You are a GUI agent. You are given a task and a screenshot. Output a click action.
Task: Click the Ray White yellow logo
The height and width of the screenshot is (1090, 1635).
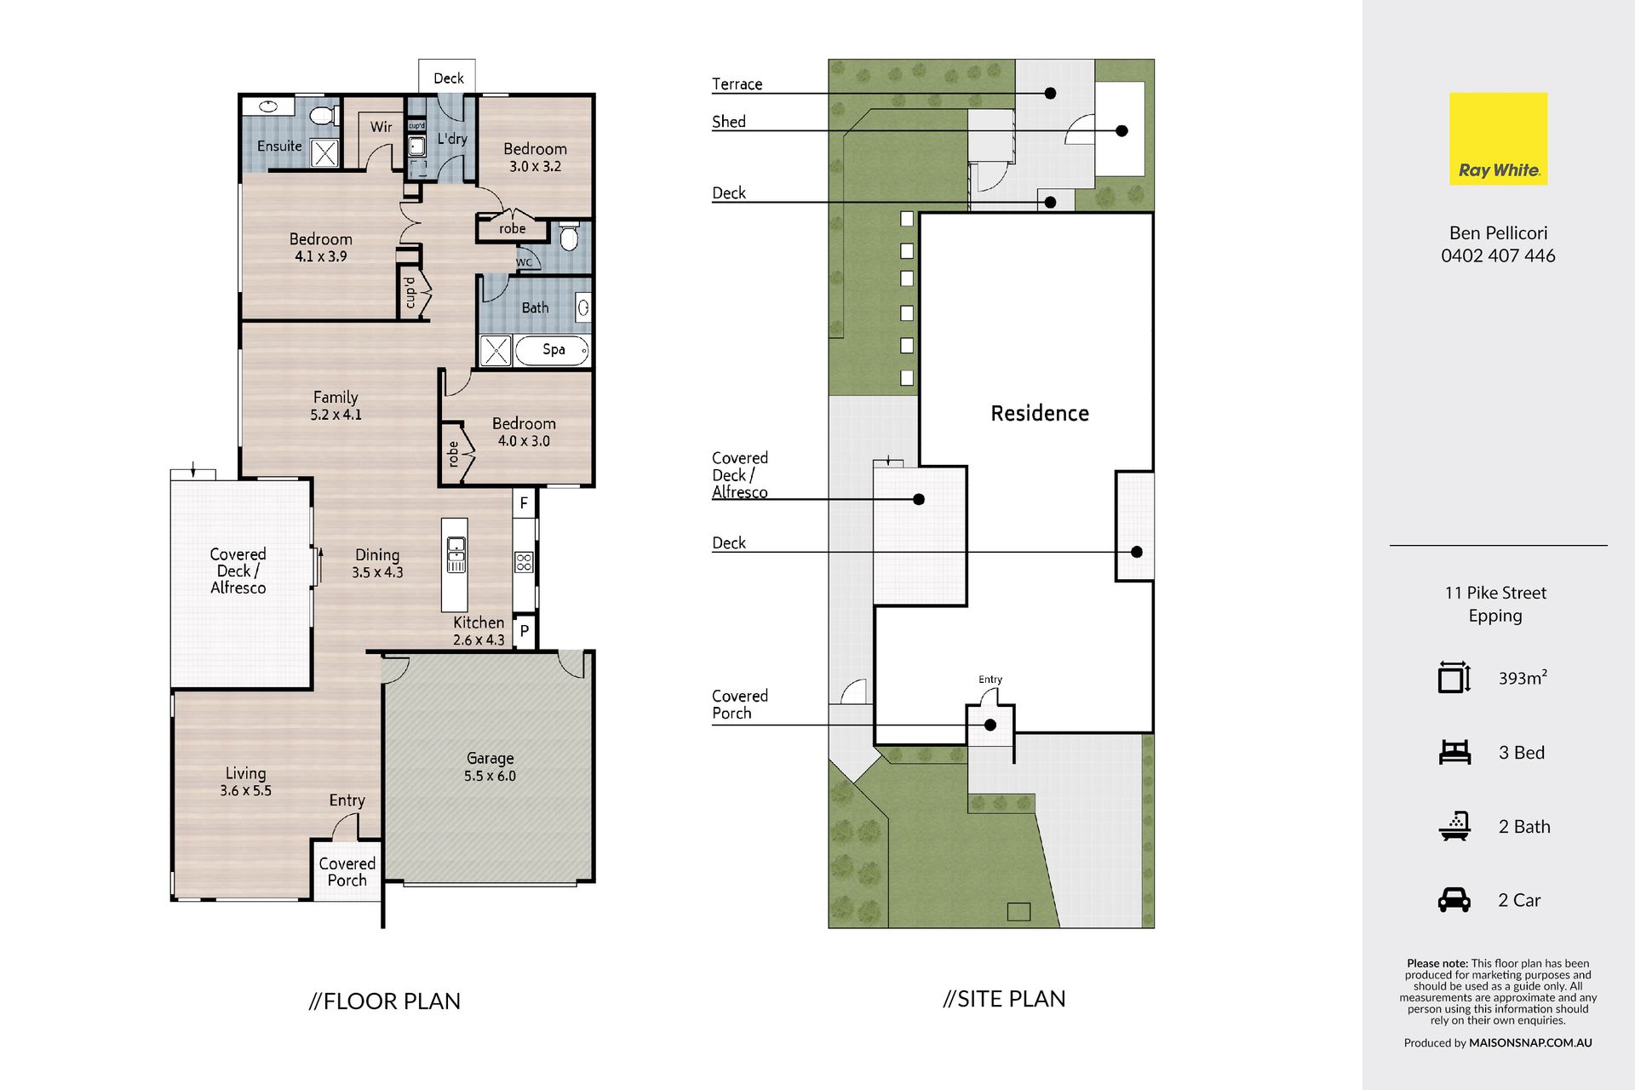click(1498, 139)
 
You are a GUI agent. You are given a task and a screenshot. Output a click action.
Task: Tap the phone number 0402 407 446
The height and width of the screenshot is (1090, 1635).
click(1498, 255)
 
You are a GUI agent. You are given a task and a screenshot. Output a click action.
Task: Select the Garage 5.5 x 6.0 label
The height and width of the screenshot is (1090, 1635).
click(490, 766)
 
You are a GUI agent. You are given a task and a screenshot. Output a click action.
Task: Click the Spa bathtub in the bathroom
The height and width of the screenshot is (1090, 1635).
click(554, 350)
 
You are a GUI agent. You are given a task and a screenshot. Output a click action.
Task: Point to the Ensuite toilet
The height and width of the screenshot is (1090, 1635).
click(322, 115)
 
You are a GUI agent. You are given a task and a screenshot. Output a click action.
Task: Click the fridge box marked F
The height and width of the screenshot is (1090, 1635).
click(524, 502)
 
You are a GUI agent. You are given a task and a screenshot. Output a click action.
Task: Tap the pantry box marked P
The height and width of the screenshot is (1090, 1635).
click(525, 631)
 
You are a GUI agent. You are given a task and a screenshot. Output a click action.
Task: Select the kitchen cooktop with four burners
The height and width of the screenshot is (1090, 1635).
click(524, 562)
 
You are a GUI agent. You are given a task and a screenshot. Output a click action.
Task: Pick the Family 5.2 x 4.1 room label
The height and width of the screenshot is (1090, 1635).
click(336, 405)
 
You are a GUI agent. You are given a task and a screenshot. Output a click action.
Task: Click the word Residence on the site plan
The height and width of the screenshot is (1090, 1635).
click(1040, 413)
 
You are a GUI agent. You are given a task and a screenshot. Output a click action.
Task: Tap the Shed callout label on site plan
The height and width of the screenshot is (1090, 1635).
click(729, 122)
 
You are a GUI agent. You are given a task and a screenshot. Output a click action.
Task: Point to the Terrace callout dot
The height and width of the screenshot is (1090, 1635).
click(1051, 93)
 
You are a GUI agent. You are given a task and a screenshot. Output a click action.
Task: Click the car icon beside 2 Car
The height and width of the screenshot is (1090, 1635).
click(1454, 900)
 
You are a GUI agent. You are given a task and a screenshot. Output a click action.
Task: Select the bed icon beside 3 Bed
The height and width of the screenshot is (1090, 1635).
click(1454, 752)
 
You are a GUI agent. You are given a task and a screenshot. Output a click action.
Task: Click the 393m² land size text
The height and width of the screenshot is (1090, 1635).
click(1523, 678)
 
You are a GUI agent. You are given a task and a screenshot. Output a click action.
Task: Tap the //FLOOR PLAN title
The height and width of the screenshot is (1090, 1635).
click(385, 1001)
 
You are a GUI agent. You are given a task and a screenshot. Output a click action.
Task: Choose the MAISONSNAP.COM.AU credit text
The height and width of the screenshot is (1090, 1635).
click(1530, 1042)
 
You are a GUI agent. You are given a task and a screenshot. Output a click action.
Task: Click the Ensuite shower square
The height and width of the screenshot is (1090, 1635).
click(324, 153)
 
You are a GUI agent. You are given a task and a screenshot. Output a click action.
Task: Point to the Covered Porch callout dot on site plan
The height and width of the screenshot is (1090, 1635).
click(990, 726)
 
